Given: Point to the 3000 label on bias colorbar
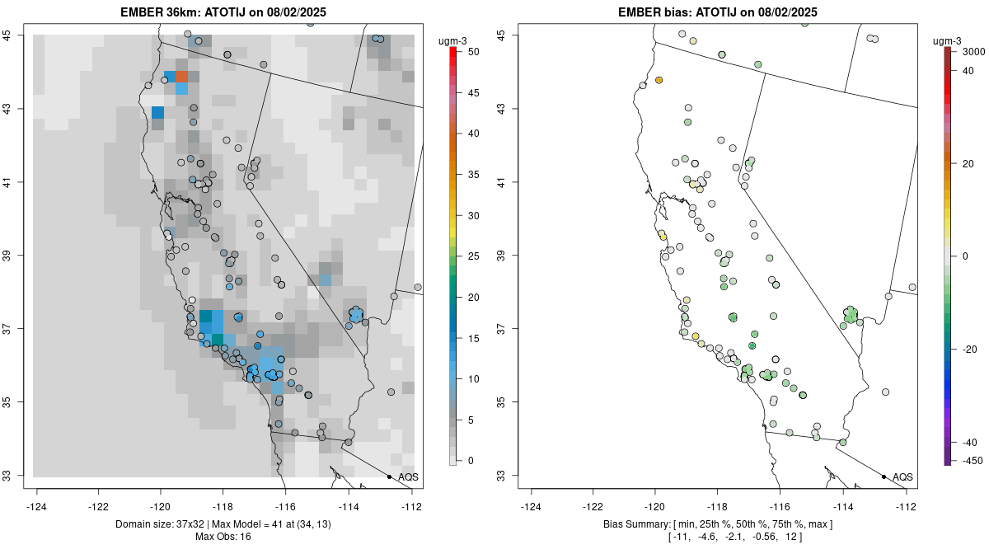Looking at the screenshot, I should point(973,51).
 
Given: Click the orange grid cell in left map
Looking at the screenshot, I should point(181,77).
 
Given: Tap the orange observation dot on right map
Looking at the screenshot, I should point(659,80).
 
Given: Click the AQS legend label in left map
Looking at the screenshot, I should point(408,477).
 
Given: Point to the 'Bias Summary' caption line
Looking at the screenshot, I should point(717,524).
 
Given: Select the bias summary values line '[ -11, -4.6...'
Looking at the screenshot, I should point(717,537).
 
